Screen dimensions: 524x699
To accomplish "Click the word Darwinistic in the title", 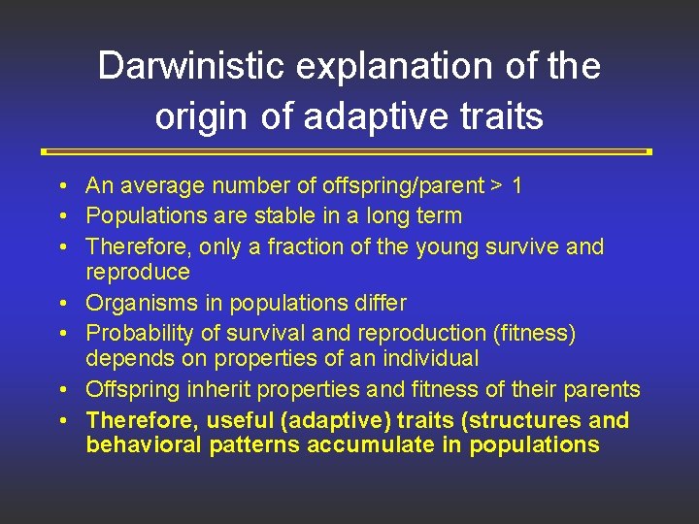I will (183, 67).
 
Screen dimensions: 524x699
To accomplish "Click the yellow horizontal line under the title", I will (347, 151).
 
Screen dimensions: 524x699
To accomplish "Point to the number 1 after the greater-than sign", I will (516, 185).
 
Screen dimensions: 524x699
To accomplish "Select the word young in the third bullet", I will (447, 246).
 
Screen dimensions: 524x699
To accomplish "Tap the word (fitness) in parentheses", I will (533, 333).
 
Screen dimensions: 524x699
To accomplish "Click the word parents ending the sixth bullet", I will (602, 389).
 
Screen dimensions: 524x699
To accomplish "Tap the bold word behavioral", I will (140, 444).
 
